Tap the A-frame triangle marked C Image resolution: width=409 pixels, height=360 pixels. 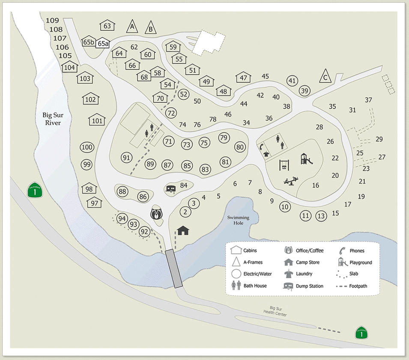click(x=326, y=77)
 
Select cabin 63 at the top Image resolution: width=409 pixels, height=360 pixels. click(x=107, y=26)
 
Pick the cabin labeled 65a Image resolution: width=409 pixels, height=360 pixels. click(x=103, y=43)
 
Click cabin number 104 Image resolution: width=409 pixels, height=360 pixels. click(x=69, y=67)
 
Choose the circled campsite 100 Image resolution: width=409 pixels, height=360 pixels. click(x=87, y=147)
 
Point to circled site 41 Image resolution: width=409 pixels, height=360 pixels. click(x=293, y=81)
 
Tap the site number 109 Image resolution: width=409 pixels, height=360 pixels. click(x=52, y=20)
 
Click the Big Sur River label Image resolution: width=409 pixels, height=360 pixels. click(x=51, y=119)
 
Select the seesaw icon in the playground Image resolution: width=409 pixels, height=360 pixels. click(x=291, y=181)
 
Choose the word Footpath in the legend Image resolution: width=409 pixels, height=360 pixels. click(x=358, y=286)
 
